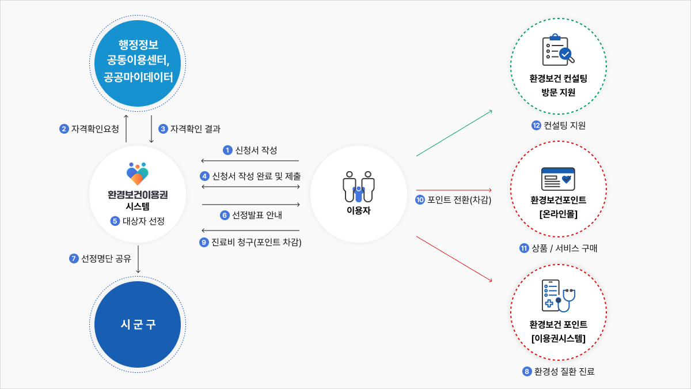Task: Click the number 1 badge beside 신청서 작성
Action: point(227,150)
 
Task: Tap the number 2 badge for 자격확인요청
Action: point(64,129)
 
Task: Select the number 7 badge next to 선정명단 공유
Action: point(74,258)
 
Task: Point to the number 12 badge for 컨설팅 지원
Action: point(536,126)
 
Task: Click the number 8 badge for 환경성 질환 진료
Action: point(527,371)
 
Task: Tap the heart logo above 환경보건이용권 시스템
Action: point(138,173)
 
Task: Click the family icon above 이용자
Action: point(358,187)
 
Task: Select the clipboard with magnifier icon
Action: point(558,50)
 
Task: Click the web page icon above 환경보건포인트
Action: point(558,179)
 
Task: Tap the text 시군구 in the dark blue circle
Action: point(138,324)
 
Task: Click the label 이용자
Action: point(358,210)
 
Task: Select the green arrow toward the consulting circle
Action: point(454,133)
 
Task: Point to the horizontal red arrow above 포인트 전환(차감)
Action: point(454,190)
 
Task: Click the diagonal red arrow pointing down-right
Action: point(454,259)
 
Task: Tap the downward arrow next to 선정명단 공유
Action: point(138,259)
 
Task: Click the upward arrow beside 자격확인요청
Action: point(126,129)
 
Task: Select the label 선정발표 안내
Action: point(257,215)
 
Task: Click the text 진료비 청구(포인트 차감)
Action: point(256,243)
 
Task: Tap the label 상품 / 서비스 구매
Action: point(564,248)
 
